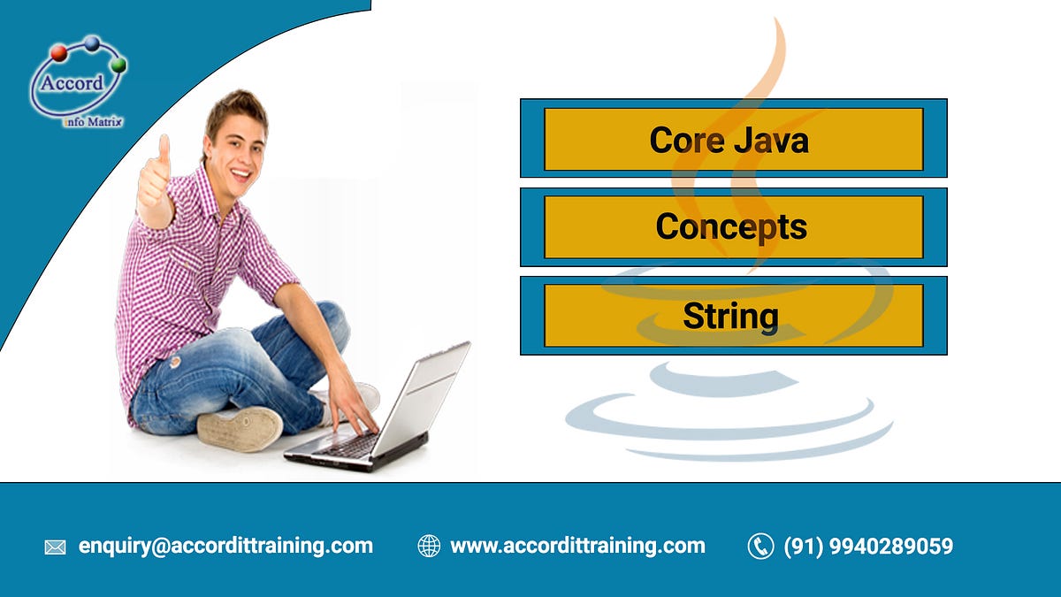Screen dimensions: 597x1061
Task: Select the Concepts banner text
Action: click(731, 227)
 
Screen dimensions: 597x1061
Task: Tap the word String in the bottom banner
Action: click(730, 316)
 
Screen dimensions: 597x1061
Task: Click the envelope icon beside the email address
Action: click(55, 547)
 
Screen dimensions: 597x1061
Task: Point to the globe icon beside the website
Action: click(429, 547)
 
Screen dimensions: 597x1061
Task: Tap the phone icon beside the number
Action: click(760, 547)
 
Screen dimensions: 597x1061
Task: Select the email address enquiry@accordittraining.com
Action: click(225, 546)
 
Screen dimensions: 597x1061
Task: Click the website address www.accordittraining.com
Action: click(577, 546)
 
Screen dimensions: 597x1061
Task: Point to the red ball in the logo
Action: click(59, 53)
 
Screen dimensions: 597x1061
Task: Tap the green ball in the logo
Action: click(118, 65)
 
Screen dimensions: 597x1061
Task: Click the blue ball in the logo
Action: click(91, 42)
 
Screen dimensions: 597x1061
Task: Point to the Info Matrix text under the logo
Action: click(93, 121)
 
